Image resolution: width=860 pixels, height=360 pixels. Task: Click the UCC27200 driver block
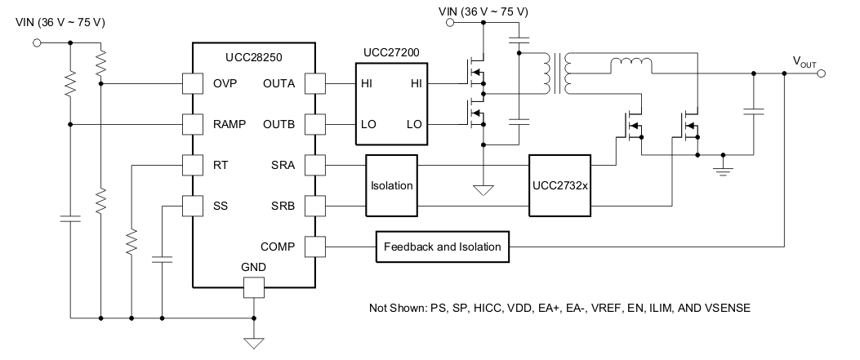(x=391, y=104)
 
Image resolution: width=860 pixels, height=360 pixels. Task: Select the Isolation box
(x=391, y=185)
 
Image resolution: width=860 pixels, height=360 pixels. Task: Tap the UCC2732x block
(x=559, y=185)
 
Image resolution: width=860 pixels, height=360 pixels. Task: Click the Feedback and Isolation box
(x=443, y=246)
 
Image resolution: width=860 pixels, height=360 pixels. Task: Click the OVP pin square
(x=192, y=83)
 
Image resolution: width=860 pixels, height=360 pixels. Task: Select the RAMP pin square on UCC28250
(x=192, y=124)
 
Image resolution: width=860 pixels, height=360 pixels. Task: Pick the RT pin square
(x=192, y=164)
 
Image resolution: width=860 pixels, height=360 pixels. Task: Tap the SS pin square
(x=192, y=205)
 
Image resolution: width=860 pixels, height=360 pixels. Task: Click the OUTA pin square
(x=314, y=83)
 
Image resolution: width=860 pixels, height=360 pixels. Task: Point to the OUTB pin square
(x=314, y=124)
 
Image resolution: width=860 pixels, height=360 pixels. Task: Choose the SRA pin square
(x=314, y=165)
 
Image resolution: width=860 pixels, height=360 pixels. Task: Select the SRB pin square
(x=314, y=205)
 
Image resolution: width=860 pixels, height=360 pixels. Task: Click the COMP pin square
(x=314, y=246)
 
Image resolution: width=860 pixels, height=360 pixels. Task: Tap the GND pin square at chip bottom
(x=253, y=287)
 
